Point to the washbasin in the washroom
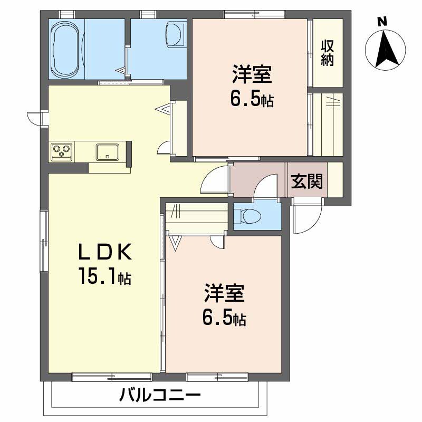(175, 34)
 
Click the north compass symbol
(385, 49)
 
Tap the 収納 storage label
(328, 53)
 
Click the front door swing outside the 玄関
(306, 218)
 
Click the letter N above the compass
(382, 22)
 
